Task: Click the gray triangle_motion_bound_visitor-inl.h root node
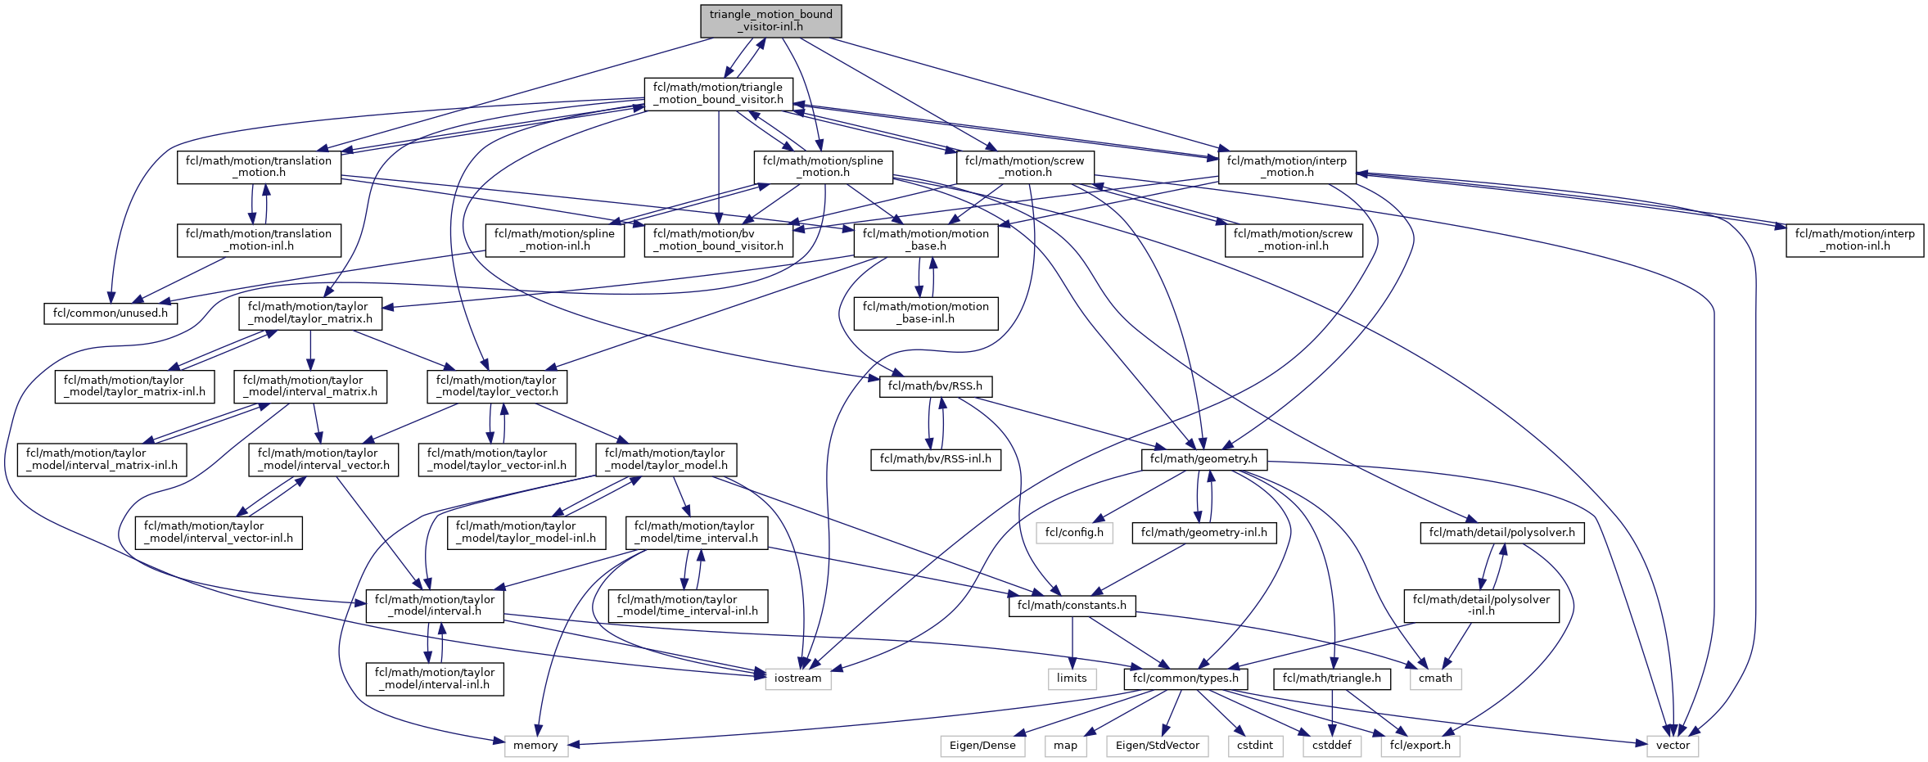(770, 20)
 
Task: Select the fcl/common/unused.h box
(110, 313)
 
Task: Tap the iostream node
(797, 679)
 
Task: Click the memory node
(535, 746)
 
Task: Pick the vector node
(1673, 746)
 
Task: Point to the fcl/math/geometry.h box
(1203, 459)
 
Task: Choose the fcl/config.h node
(1074, 533)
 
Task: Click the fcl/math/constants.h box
(1072, 606)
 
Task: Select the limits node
(1072, 679)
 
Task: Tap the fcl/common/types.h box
(1186, 679)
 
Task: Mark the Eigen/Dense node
(982, 746)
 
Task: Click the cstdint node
(1255, 746)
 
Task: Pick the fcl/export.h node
(1420, 746)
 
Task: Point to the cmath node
(1435, 679)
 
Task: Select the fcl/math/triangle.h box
(1331, 679)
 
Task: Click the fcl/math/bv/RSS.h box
(935, 386)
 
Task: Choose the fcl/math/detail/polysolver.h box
(1501, 533)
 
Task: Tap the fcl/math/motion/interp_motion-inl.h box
(1854, 240)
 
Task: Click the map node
(1065, 746)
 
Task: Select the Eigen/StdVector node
(1158, 746)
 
